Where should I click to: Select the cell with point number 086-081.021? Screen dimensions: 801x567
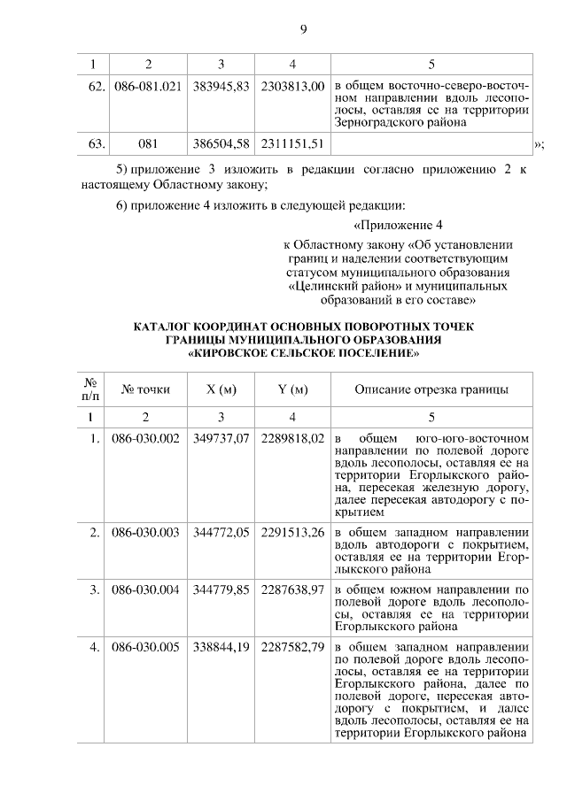[x=148, y=89]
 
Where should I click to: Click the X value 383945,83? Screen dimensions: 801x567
[x=221, y=89]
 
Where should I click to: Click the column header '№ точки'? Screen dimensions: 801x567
[x=146, y=389]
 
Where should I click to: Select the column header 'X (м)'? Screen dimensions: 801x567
[x=221, y=389]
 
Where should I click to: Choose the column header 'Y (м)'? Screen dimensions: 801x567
[x=292, y=389]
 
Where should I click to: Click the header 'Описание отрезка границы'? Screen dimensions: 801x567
[x=431, y=389]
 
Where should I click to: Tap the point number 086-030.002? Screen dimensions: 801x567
[x=148, y=439]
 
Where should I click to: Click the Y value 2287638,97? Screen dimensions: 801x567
[x=292, y=588]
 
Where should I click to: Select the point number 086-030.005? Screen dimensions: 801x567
[x=148, y=646]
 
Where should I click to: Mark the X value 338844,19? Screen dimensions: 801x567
[x=221, y=646]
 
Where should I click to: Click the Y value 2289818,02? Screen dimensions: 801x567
[x=292, y=439]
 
